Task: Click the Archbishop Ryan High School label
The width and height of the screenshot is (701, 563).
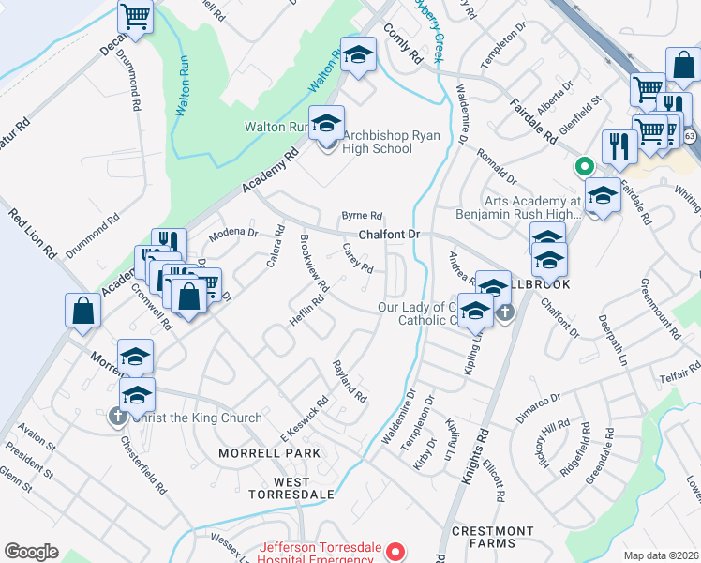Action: tap(377, 141)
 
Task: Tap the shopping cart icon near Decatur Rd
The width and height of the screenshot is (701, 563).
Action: tap(136, 17)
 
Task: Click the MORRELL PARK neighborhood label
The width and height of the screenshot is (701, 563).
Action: tap(269, 453)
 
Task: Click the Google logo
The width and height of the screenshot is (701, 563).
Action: tap(32, 552)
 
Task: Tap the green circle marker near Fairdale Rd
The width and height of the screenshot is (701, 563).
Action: tap(583, 167)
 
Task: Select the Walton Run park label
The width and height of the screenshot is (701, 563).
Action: tap(276, 126)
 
